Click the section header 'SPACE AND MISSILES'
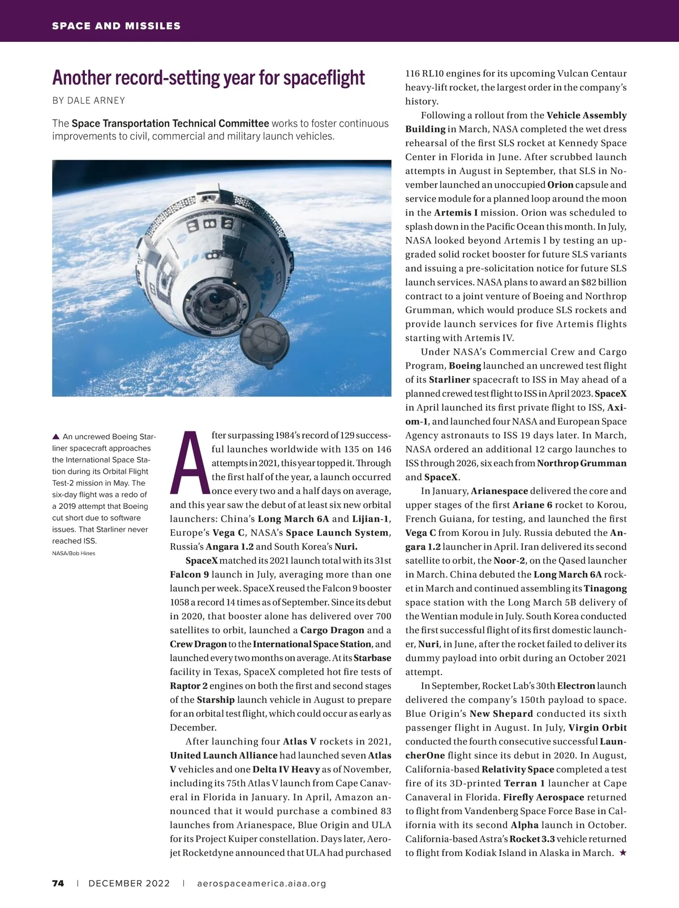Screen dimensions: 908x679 [x=116, y=26]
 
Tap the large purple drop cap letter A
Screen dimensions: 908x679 [x=188, y=462]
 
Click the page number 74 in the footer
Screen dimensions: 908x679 [x=58, y=883]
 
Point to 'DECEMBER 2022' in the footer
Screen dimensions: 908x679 [x=129, y=883]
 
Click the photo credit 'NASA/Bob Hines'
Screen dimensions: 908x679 [x=74, y=553]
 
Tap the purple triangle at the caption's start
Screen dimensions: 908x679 [x=55, y=436]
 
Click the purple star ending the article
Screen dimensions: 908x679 [x=622, y=853]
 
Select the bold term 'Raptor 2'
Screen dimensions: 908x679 [x=188, y=686]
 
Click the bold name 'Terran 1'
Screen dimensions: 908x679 [x=525, y=784]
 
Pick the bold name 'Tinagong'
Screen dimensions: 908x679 [x=605, y=589]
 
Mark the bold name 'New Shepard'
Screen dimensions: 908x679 [x=501, y=714]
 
